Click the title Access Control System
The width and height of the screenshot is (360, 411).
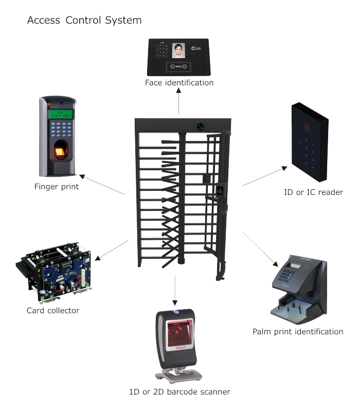pos(84,20)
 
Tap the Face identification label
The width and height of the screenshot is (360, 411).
pos(179,83)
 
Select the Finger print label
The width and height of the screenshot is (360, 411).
pos(57,186)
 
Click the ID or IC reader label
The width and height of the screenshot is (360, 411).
pos(313,192)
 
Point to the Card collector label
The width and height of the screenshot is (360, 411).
pos(53,310)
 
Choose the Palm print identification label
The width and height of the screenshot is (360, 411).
pos(298,332)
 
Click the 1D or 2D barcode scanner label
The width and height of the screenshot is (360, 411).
pos(179,391)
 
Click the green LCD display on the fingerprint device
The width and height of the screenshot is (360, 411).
pos(61,114)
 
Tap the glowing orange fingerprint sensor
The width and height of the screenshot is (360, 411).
pos(60,152)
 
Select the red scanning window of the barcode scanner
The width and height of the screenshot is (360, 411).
pos(181,332)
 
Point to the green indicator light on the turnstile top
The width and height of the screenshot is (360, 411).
pos(201,127)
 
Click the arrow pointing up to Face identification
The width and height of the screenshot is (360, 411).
pos(178,101)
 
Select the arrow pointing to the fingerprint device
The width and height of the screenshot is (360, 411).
pos(102,184)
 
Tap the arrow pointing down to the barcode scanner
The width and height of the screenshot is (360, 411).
pos(175,291)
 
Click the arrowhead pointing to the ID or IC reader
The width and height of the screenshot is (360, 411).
pos(285,168)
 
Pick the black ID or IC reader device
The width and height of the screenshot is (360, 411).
pos(310,142)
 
